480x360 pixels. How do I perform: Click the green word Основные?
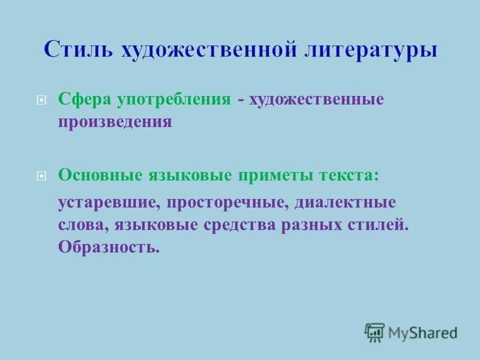point(98,175)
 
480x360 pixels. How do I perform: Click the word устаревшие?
point(108,203)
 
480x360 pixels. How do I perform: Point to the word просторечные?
point(228,203)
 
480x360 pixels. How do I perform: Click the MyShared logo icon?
point(374,332)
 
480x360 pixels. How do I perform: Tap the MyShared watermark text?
point(422,332)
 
